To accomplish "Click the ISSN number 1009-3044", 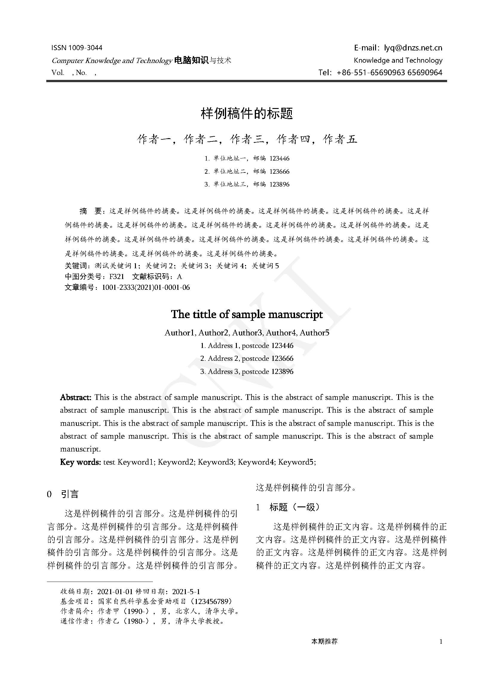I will coord(85,48).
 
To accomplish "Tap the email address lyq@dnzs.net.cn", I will coord(413,48).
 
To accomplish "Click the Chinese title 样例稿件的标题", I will coord(247,114).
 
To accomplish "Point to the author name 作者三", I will coord(246,139).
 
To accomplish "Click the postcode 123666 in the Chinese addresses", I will coord(279,172).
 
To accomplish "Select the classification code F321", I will coord(116,276).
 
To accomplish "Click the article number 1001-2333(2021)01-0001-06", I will coord(146,287).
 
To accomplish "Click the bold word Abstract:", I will coord(76,397).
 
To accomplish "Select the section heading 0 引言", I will coord(63,494).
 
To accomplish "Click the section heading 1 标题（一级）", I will coord(288,507).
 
